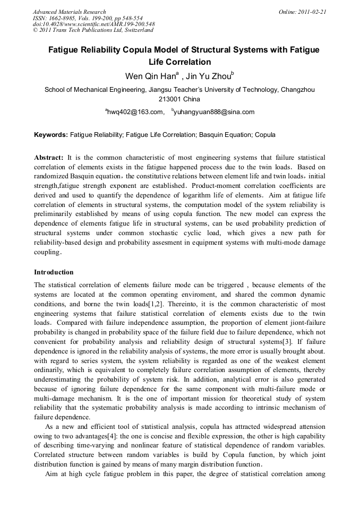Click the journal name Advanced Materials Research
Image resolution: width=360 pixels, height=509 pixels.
click(x=69, y=12)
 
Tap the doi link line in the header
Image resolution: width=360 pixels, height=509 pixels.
click(x=93, y=24)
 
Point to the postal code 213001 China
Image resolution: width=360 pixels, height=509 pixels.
click(x=179, y=99)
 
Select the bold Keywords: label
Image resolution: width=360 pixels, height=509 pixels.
click(x=51, y=135)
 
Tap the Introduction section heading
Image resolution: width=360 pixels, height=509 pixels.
click(x=54, y=272)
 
